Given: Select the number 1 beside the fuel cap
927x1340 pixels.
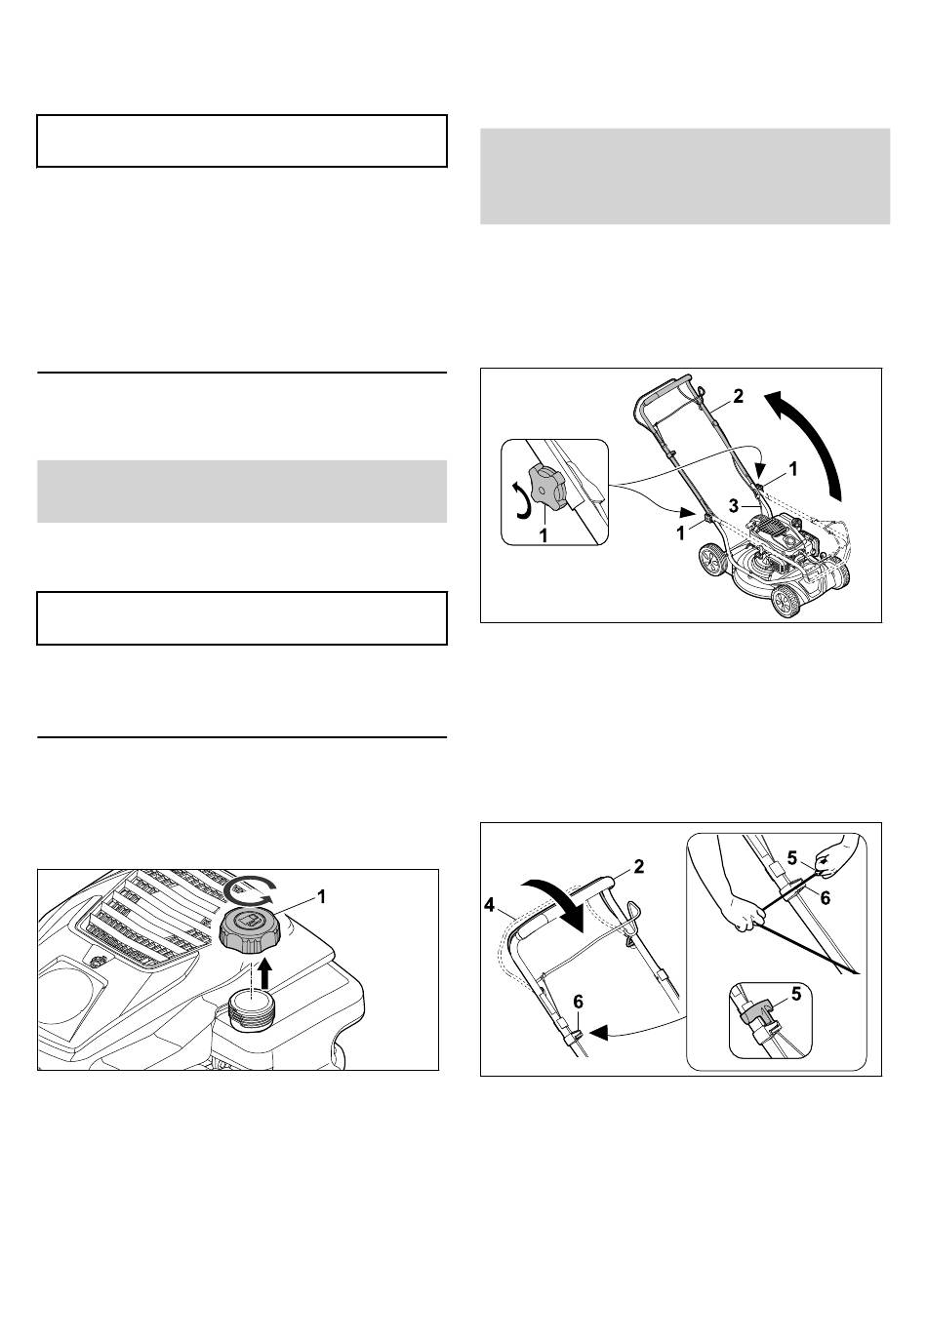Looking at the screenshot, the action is click(x=321, y=897).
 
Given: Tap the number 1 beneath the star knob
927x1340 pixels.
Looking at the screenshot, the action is click(x=544, y=534).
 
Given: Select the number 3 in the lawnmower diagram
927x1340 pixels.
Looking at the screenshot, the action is click(x=735, y=506).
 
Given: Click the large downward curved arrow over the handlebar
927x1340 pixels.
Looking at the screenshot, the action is click(x=553, y=904).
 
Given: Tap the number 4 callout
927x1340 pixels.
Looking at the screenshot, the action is click(x=489, y=906).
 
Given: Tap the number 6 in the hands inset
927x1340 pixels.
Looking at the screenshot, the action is click(x=826, y=897).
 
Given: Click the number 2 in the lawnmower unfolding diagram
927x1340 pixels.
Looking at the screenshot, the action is click(x=739, y=396).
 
